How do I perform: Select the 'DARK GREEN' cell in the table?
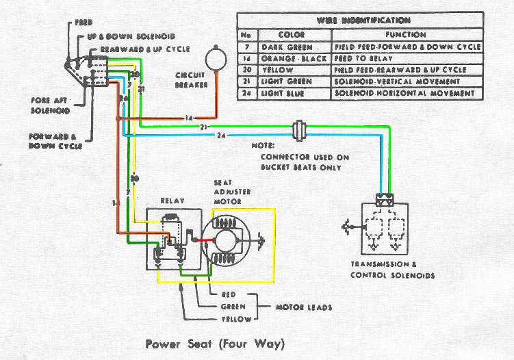point(287,47)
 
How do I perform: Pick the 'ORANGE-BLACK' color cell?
point(287,58)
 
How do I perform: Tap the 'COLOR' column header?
point(288,34)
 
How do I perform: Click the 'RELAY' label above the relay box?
point(170,201)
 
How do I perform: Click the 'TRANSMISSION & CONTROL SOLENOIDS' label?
point(392,270)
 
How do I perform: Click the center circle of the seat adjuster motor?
point(227,242)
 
